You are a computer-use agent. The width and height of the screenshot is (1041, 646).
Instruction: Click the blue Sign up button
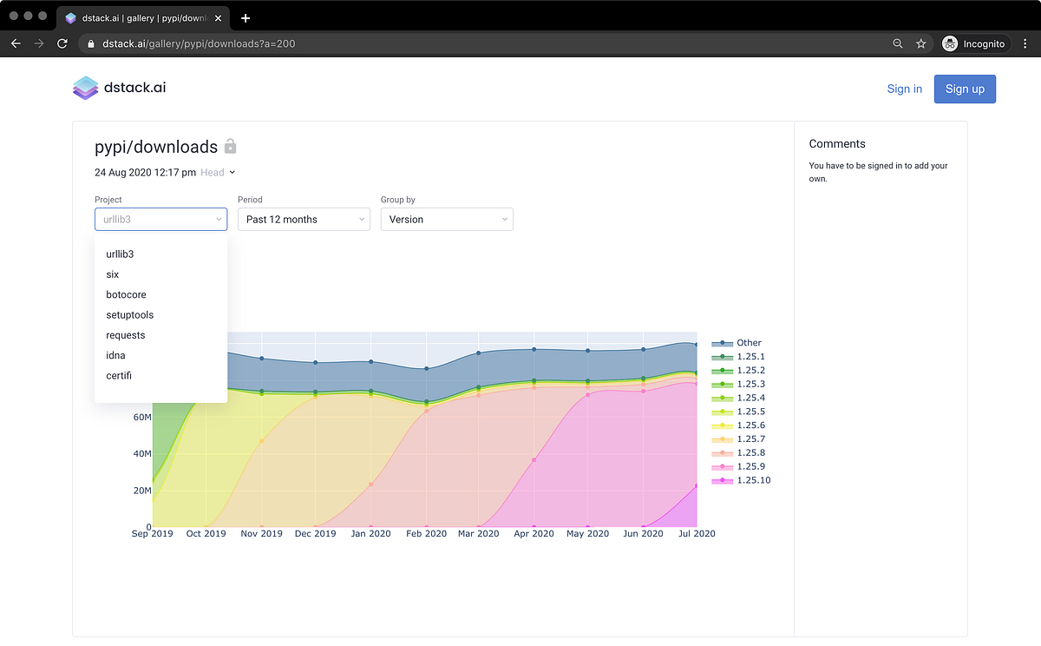pos(965,89)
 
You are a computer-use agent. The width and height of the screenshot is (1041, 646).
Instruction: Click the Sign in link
pos(904,89)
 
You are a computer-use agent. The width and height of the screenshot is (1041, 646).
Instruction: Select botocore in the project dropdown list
pos(126,294)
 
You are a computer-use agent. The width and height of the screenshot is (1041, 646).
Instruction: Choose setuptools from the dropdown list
pos(129,315)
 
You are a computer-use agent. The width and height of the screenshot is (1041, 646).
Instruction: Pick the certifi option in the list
pos(119,375)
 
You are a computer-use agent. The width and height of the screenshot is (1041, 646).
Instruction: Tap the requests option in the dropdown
pos(126,335)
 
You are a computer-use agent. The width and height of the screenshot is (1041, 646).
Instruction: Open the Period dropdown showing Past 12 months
pos(304,220)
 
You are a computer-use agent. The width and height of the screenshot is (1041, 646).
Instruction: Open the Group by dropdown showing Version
pos(447,220)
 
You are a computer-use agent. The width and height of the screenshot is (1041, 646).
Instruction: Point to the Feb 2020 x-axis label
pos(425,533)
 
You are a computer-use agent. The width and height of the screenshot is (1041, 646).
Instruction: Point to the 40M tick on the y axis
pos(141,453)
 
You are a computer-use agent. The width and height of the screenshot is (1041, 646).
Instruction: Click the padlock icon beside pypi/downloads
pos(231,147)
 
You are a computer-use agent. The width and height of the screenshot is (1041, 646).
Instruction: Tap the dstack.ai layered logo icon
pos(86,88)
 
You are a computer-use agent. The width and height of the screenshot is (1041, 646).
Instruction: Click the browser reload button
pos(62,43)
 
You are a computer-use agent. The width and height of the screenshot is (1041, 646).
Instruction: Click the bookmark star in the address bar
pos(921,43)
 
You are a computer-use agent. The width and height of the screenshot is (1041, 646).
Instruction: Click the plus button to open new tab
pos(246,17)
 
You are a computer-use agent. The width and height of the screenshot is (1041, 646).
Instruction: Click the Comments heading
pos(837,144)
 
